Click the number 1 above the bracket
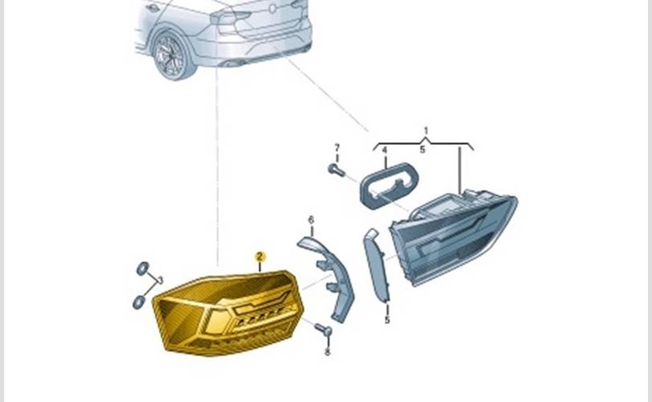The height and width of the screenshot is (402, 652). pos(426,130)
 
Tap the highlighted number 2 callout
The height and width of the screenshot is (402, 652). pos(259,257)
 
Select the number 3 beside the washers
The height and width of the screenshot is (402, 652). pos(160,280)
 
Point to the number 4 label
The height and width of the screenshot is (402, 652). pos(384,150)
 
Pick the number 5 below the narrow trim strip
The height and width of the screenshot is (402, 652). pos(386,320)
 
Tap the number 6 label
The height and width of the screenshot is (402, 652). pos(311,219)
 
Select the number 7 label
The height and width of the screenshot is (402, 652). pos(337,147)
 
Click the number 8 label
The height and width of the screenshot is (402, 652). pos(328,351)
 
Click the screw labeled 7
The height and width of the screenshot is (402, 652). pos(336,170)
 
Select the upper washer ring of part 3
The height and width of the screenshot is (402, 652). pos(142,269)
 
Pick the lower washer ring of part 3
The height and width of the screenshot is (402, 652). pos(138,302)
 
